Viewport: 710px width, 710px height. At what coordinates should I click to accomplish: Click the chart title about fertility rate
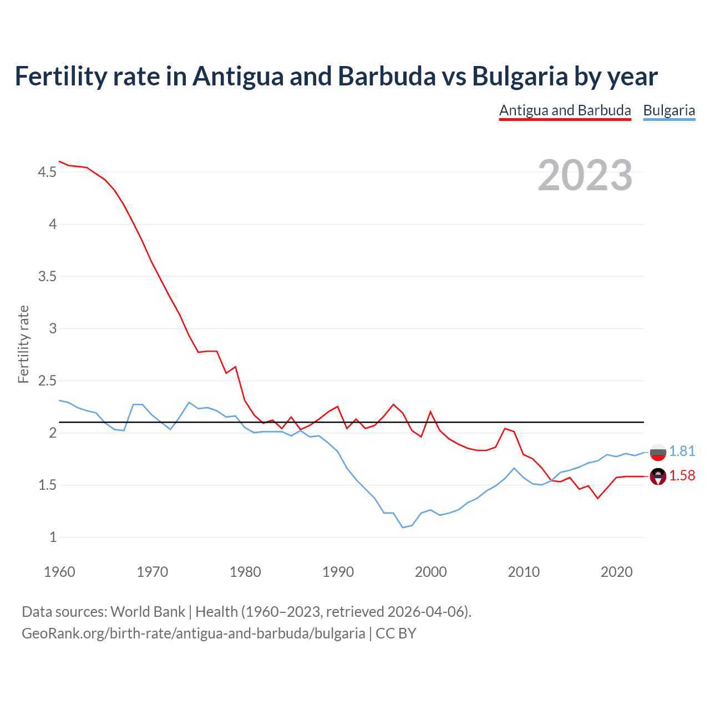[336, 76]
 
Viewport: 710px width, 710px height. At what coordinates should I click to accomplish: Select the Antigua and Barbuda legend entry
[565, 110]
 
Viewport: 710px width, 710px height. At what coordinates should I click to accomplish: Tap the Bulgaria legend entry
[669, 110]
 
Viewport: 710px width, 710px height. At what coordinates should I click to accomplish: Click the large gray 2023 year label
[585, 175]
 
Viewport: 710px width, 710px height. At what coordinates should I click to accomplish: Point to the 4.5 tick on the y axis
[47, 173]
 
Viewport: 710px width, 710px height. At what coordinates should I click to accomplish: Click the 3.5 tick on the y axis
[47, 277]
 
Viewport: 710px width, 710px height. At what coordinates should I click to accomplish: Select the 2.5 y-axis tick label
[47, 381]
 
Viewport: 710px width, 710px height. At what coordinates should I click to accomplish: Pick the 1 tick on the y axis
[53, 537]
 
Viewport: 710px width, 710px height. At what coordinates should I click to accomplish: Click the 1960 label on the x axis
[59, 572]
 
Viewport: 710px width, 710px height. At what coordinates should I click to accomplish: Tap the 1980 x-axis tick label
[245, 572]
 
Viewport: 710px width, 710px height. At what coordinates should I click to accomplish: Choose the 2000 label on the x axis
[430, 572]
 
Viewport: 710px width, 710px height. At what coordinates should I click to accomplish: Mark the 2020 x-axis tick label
[616, 572]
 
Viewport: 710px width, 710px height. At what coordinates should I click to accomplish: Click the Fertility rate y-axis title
[23, 344]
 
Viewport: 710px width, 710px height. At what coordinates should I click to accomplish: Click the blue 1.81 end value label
[682, 452]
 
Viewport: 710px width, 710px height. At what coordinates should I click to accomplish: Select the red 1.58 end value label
[682, 476]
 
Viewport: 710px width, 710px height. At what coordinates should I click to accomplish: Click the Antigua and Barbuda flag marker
[658, 476]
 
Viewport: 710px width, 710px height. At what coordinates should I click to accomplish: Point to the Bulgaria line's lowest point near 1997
[403, 527]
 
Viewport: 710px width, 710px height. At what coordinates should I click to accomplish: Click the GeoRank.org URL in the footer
[193, 633]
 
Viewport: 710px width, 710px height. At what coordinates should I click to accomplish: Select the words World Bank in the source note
[148, 612]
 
